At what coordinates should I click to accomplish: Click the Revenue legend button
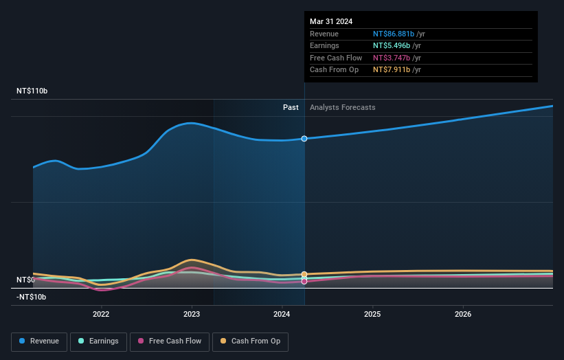39,341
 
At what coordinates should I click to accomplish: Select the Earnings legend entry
98,341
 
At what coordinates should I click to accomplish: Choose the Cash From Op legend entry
250,341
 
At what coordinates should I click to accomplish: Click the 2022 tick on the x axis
101,315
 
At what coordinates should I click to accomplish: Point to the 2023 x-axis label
192,315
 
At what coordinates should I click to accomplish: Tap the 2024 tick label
282,315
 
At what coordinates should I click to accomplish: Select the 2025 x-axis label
372,315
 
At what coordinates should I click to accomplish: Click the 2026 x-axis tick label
463,315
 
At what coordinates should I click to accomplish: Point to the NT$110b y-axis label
32,91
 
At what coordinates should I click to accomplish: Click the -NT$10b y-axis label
31,297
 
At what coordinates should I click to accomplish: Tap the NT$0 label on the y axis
25,280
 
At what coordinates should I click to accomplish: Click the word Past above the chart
291,107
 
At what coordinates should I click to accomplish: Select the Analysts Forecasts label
342,107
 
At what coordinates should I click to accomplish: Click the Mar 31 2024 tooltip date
331,21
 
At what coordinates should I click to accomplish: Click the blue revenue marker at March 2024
304,139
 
